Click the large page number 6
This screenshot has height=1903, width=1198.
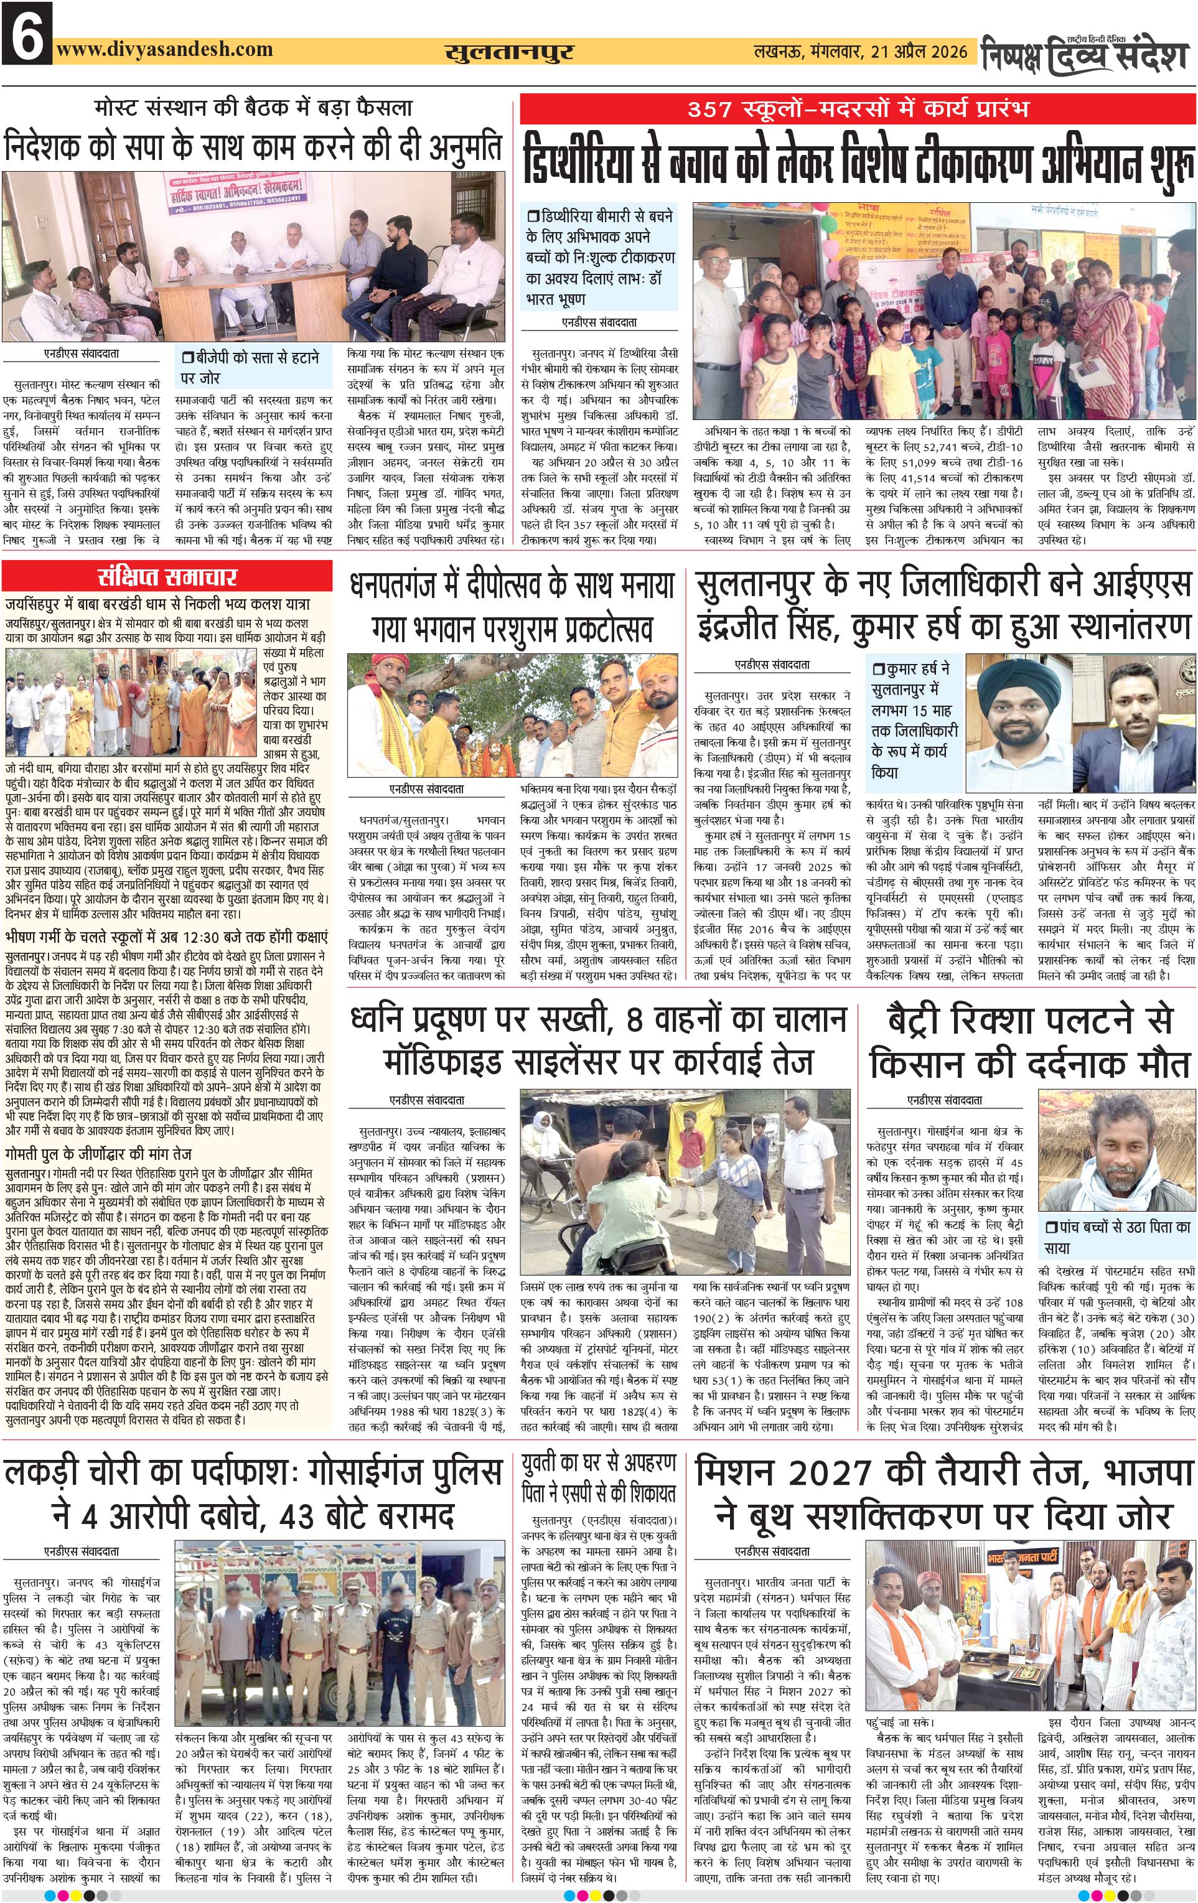(27, 33)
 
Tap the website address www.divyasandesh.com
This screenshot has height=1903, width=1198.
(164, 50)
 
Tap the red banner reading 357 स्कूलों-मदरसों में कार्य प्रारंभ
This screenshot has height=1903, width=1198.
(858, 108)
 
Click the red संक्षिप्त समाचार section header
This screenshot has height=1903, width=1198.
(167, 577)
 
